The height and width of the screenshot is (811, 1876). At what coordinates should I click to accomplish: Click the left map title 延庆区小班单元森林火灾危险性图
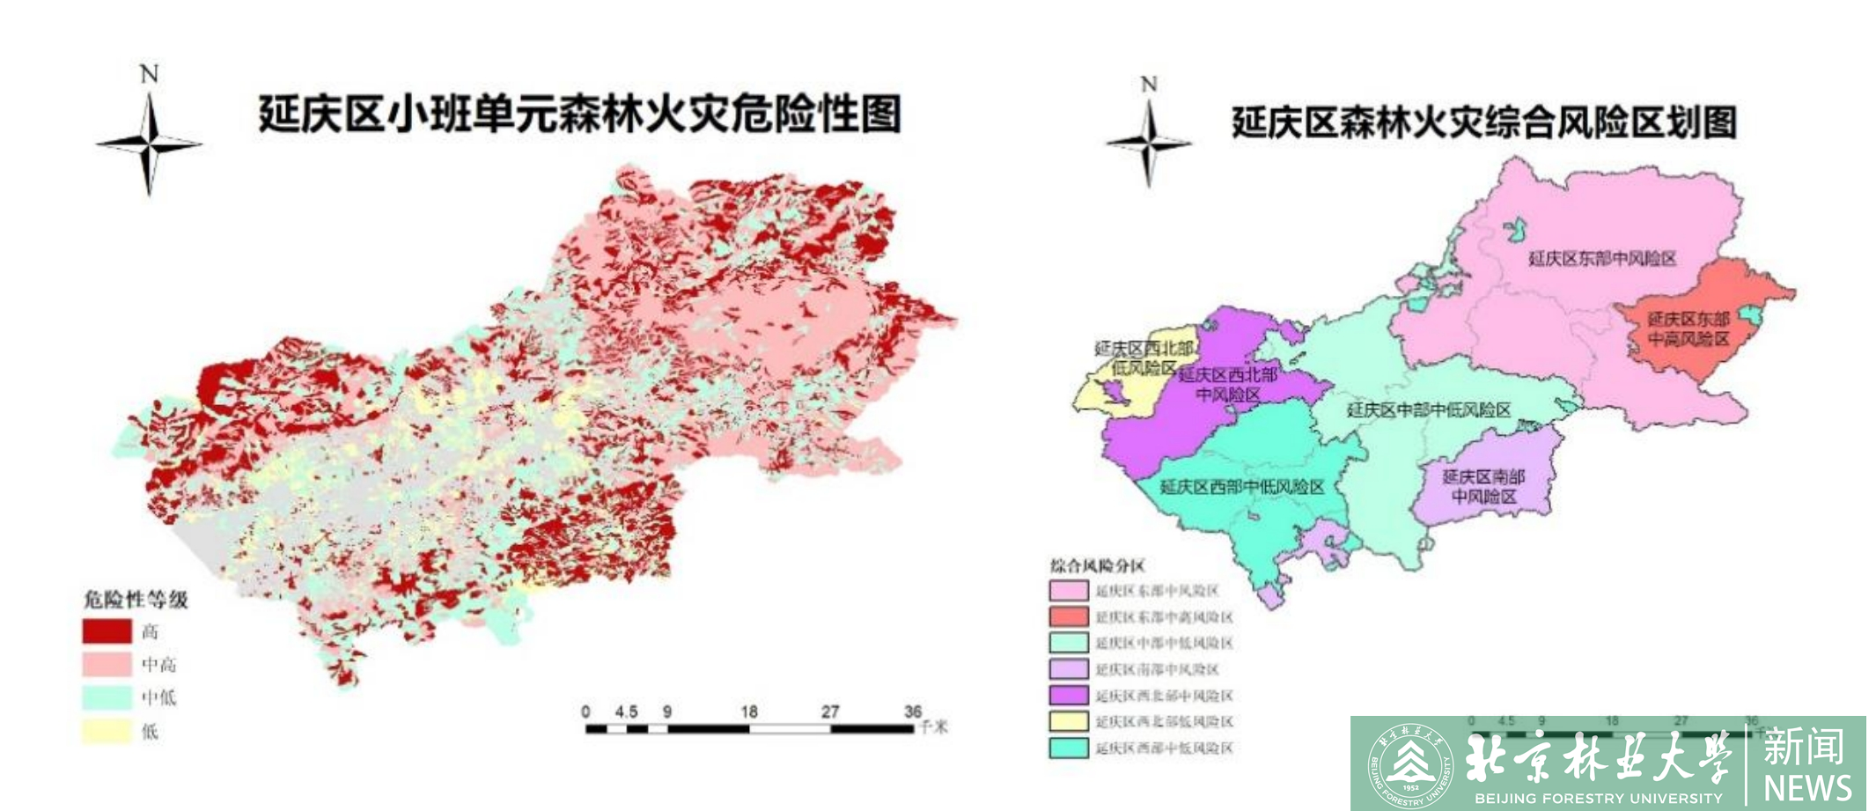[x=579, y=114]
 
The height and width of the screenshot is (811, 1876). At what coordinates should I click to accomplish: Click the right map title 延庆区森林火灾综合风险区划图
[x=1483, y=122]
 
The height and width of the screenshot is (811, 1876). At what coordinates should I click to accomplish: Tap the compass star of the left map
[x=150, y=144]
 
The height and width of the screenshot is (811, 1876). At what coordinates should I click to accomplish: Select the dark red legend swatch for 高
[x=107, y=631]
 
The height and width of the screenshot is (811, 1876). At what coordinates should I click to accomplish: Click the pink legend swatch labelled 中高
[x=107, y=664]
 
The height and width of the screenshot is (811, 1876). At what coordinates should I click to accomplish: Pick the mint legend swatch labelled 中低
[x=107, y=697]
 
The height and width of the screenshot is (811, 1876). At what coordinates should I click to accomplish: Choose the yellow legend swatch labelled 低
[x=107, y=731]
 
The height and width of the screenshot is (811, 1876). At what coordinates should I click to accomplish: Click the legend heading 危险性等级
[x=136, y=600]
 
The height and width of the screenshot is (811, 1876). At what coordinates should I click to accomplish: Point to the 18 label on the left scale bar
[x=749, y=711]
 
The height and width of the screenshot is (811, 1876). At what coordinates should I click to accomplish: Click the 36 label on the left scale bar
[x=913, y=711]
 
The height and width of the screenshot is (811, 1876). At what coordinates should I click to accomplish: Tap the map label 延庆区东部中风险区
[x=1602, y=258]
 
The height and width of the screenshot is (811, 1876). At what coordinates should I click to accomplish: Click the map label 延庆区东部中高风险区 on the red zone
[x=1688, y=328]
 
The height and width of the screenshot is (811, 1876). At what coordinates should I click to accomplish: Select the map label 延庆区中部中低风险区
[x=1428, y=409]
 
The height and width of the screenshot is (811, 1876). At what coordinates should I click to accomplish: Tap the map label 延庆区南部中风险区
[x=1483, y=486]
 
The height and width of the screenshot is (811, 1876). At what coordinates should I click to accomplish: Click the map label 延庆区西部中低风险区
[x=1241, y=487]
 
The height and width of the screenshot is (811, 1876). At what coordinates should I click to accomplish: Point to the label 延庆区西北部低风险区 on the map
[x=1143, y=358]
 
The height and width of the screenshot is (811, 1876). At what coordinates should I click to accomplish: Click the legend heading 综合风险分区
[x=1097, y=565]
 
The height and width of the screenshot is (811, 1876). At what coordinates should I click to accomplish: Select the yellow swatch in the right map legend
[x=1069, y=722]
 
